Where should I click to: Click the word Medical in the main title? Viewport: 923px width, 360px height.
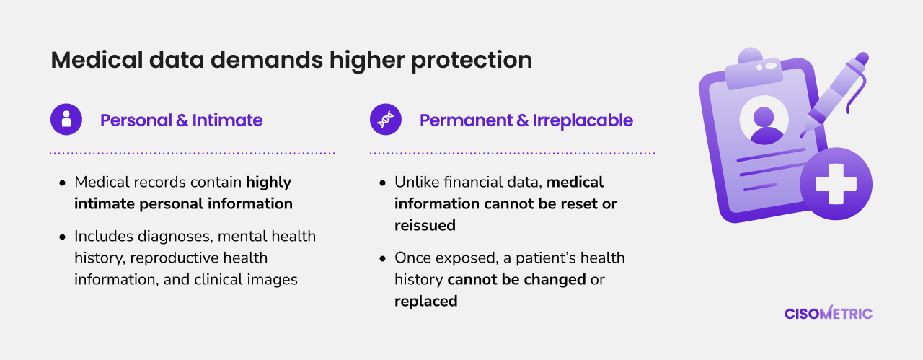pyautogui.click(x=97, y=60)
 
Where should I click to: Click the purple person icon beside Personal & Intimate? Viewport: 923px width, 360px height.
pyautogui.click(x=66, y=119)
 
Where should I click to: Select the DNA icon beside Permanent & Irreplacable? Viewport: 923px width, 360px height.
pyautogui.click(x=386, y=119)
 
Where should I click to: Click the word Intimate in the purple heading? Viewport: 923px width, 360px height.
pyautogui.click(x=227, y=120)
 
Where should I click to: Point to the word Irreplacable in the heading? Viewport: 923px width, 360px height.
pyautogui.click(x=583, y=120)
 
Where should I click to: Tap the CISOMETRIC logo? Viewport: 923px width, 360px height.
pyautogui.click(x=829, y=313)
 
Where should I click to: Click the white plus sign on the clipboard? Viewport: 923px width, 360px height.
pyautogui.click(x=836, y=184)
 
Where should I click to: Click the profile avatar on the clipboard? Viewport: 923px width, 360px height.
pyautogui.click(x=764, y=120)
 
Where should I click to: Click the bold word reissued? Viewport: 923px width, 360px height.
pyautogui.click(x=425, y=226)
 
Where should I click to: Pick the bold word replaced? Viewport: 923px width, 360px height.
pyautogui.click(x=425, y=302)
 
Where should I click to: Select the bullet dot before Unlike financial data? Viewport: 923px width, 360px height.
pyautogui.click(x=383, y=183)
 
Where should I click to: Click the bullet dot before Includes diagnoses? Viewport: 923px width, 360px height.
pyautogui.click(x=63, y=237)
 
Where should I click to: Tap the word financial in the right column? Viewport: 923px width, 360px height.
pyautogui.click(x=470, y=183)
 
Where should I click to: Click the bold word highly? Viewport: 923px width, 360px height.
pyautogui.click(x=269, y=183)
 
